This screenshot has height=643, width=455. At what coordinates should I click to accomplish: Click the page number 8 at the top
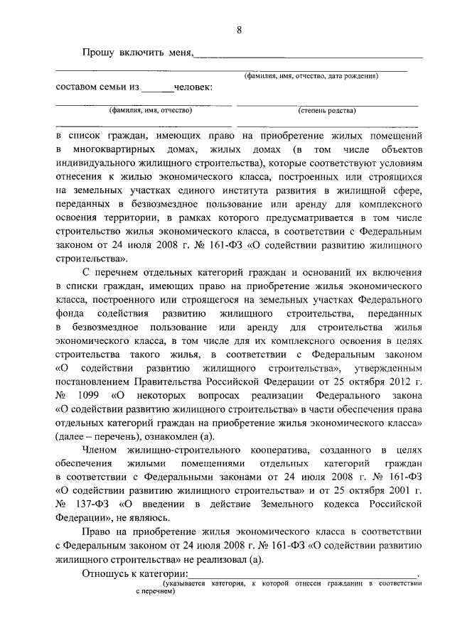(240, 30)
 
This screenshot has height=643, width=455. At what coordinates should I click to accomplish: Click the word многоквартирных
(110, 150)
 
